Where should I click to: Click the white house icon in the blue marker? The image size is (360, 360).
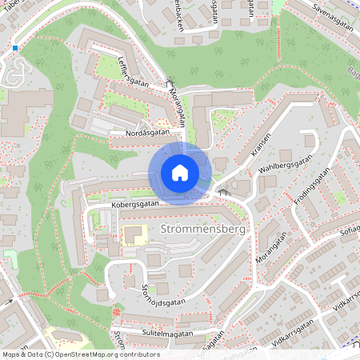pyautogui.click(x=180, y=173)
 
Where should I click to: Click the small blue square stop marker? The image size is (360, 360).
pyautogui.click(x=14, y=48)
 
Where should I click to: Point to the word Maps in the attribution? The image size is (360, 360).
pyautogui.click(x=11, y=354)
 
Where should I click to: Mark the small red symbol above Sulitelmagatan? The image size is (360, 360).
pyautogui.click(x=118, y=310)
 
